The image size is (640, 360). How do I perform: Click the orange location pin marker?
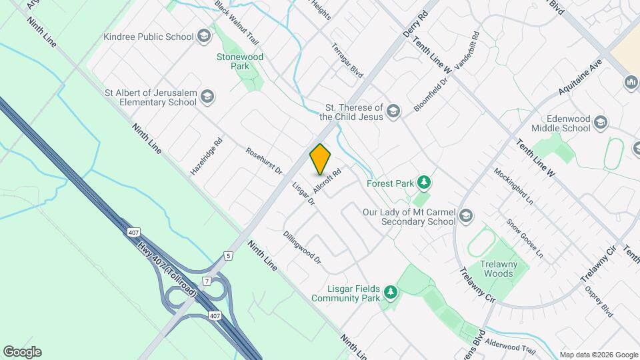[321, 159]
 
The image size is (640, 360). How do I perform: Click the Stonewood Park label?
[240, 61]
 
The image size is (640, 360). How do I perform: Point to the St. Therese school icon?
[394, 111]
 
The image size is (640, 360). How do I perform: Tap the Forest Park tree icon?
[423, 182]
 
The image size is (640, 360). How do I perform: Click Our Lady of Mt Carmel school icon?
[467, 215]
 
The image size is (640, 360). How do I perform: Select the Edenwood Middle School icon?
[601, 122]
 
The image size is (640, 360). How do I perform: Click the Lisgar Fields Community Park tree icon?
[391, 292]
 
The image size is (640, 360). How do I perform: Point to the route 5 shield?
[228, 255]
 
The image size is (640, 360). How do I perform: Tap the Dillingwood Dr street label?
[302, 247]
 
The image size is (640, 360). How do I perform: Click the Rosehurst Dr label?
[264, 161]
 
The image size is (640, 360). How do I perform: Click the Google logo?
[22, 351]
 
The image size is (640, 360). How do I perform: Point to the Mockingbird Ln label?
[514, 185]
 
